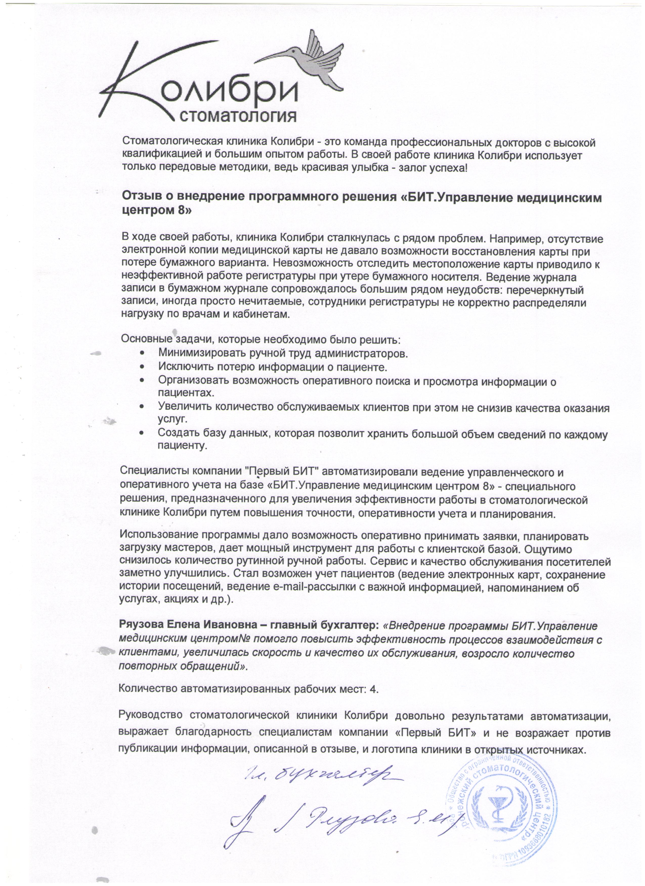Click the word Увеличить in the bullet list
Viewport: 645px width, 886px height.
point(183,408)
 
